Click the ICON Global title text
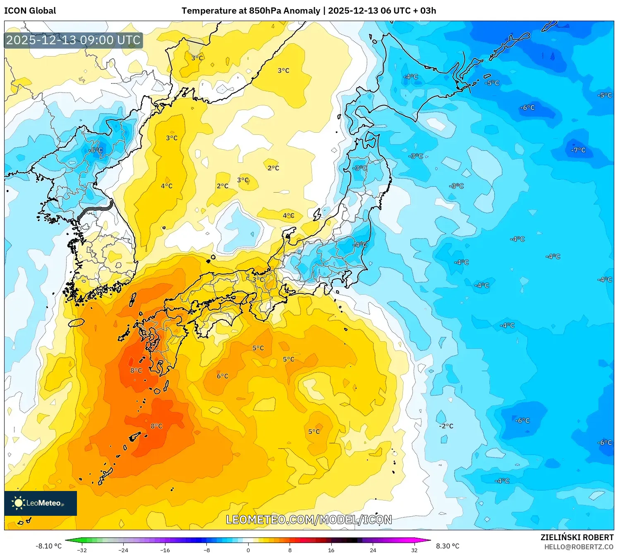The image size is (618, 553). tap(30, 11)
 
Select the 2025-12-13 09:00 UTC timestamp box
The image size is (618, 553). tap(74, 41)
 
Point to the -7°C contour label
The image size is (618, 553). tap(578, 150)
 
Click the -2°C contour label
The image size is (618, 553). tap(446, 426)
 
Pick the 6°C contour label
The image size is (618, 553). tap(222, 376)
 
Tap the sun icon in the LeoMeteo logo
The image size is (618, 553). tap(18, 503)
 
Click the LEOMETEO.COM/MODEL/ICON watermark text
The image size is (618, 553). tap(309, 520)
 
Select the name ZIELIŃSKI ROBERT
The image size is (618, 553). tap(577, 537)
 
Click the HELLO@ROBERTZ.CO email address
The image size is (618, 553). tap(579, 547)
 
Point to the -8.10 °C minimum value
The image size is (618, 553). tap(48, 546)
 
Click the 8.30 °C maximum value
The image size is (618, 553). tap(448, 546)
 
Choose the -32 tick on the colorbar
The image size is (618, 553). tap(82, 550)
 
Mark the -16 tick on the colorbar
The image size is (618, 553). tap(165, 550)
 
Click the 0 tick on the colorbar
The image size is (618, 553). tap(248, 550)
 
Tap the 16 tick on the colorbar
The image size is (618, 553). tap(331, 550)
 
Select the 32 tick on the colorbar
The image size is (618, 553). tap(414, 550)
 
